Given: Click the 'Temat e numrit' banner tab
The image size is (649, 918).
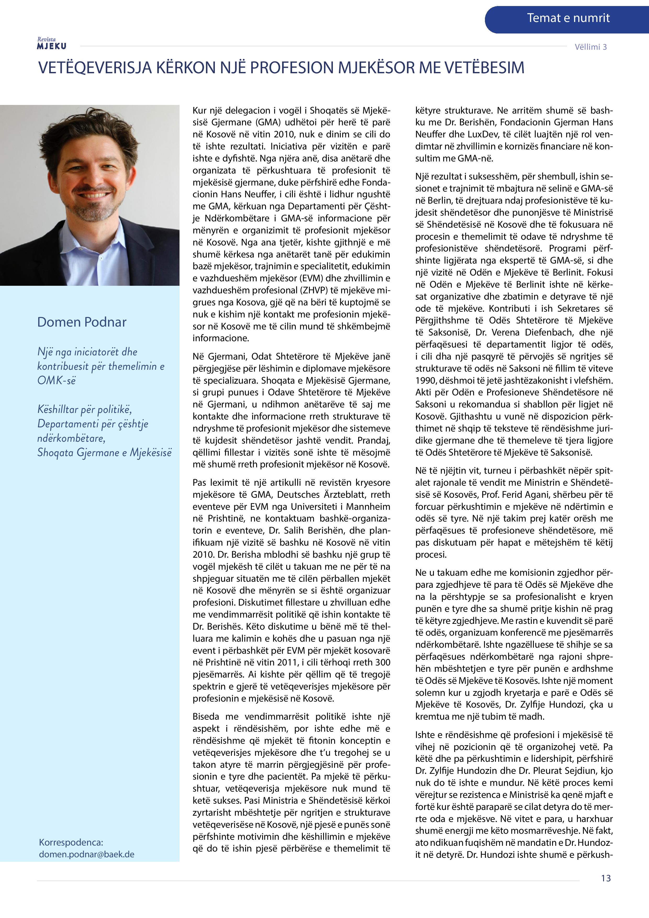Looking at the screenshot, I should tap(568, 18).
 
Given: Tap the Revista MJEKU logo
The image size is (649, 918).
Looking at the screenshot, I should tap(52, 44).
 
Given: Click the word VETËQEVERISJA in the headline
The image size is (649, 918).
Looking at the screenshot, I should tap(95, 68).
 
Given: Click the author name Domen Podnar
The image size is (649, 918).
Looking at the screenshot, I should tap(82, 322).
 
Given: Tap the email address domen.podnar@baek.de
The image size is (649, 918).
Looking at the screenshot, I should tap(86, 854).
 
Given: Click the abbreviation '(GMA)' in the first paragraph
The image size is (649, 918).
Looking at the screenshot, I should tap(258, 122).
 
